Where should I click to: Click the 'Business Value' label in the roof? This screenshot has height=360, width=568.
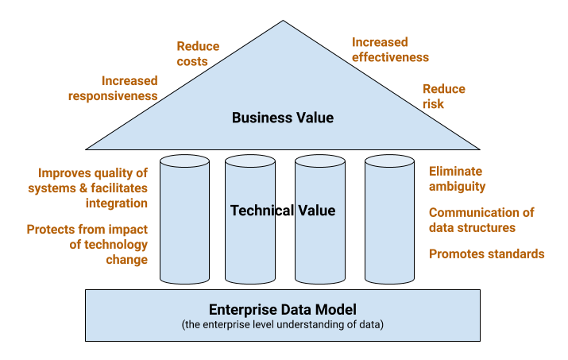(x=283, y=118)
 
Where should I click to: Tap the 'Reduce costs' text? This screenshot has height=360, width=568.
(x=197, y=54)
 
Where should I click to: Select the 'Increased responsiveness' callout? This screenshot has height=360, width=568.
(x=129, y=88)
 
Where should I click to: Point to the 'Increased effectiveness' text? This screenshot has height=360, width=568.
(x=389, y=49)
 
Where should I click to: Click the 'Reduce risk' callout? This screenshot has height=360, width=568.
(x=444, y=96)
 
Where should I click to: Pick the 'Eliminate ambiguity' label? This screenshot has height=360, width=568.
(x=457, y=179)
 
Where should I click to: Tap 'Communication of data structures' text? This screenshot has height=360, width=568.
(x=481, y=220)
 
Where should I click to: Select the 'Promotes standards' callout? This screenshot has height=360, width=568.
(x=486, y=254)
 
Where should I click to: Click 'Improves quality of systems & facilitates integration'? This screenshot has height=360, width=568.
(x=93, y=188)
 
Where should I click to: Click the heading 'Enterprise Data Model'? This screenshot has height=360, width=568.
(x=283, y=309)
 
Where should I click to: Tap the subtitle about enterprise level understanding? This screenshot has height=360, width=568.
(x=283, y=324)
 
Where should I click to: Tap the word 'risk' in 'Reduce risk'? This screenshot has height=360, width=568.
(x=434, y=104)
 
